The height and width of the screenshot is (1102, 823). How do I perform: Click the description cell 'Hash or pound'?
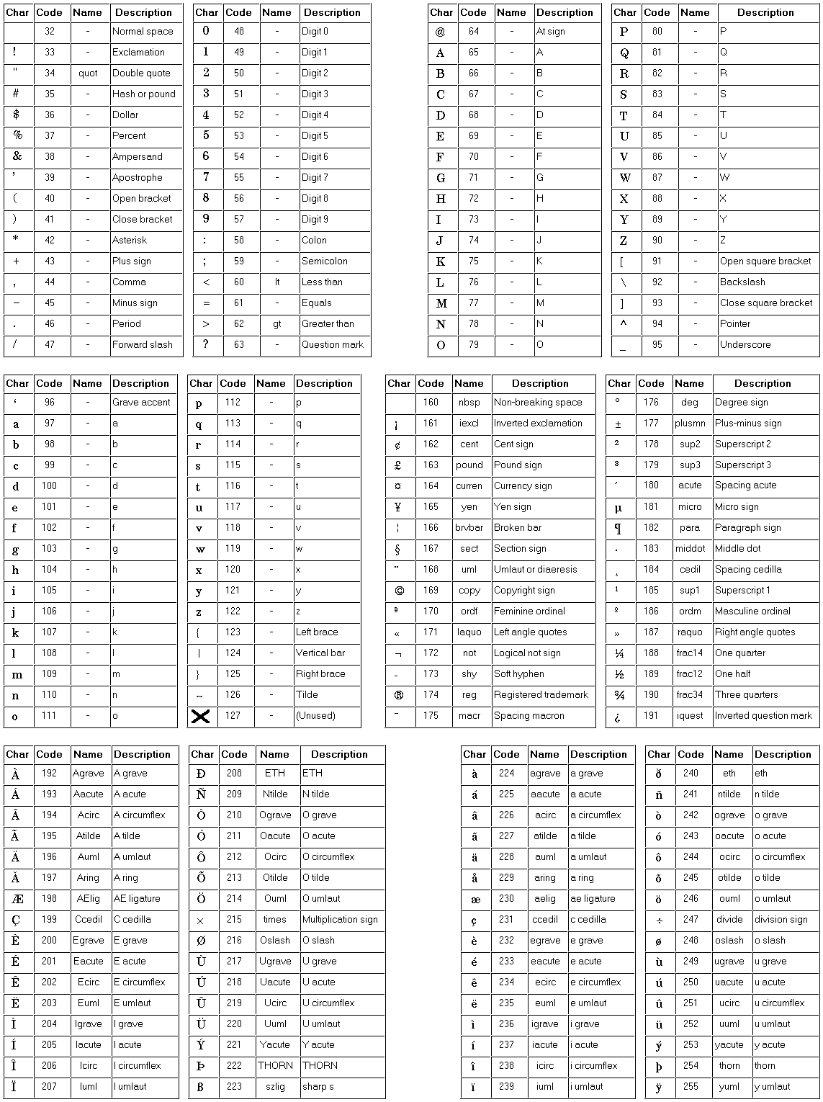(144, 94)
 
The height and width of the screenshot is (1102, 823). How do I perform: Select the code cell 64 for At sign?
(473, 32)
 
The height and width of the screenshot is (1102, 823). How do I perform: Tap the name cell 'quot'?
(88, 73)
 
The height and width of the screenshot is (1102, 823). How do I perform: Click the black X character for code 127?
(201, 716)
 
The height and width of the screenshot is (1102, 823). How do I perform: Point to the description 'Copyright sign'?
(524, 591)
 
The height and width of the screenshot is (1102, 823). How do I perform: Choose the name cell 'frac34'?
(689, 695)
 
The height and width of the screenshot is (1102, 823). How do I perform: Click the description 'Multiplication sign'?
(340, 920)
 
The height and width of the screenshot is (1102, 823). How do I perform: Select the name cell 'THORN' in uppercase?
(275, 1066)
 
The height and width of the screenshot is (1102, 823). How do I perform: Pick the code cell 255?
(691, 1087)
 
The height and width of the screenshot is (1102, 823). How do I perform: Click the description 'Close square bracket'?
(766, 303)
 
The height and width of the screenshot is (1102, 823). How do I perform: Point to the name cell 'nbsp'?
(469, 403)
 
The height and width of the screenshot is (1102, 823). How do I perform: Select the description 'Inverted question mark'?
(763, 716)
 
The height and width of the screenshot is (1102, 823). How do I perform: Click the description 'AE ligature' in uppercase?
(137, 899)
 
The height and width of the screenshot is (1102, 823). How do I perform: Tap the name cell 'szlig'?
(275, 1087)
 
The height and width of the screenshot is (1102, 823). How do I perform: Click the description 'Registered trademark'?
(541, 695)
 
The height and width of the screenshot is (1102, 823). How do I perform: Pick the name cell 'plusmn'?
(690, 424)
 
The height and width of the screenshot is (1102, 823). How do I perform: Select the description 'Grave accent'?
(141, 403)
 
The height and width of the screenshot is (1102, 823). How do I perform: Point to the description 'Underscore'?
(745, 345)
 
